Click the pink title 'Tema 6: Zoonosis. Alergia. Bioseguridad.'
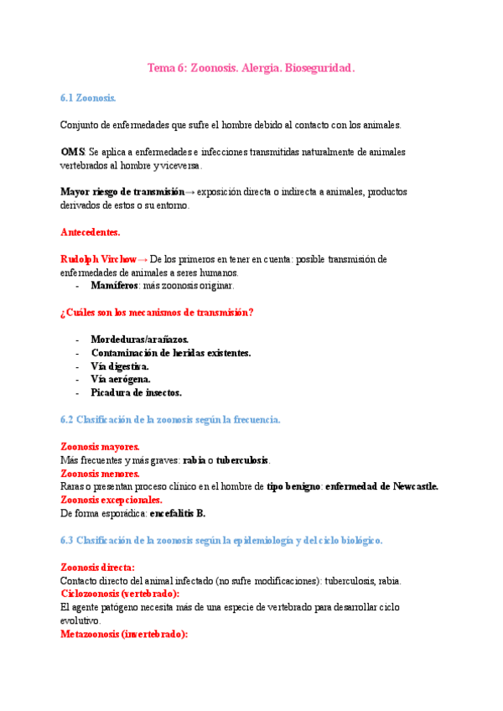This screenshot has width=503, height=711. click(x=251, y=69)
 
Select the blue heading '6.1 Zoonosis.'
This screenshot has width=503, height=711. click(x=88, y=98)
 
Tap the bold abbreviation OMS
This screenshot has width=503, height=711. click(x=72, y=152)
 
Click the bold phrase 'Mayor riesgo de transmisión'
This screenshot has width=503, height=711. click(x=122, y=192)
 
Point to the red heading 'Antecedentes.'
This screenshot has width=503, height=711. click(x=90, y=231)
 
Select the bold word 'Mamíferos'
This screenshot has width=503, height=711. click(x=115, y=286)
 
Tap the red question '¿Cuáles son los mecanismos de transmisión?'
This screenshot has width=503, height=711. click(x=157, y=313)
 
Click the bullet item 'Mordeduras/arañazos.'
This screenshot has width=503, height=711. click(x=139, y=340)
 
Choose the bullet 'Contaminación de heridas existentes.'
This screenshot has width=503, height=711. click(x=170, y=353)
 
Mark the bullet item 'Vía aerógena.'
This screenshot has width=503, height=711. click(x=121, y=379)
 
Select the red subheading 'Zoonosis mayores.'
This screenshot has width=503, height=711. click(x=100, y=447)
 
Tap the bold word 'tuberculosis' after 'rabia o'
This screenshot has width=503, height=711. click(x=241, y=460)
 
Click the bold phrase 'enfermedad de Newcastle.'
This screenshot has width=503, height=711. click(x=381, y=486)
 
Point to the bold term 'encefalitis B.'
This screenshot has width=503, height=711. click(x=177, y=513)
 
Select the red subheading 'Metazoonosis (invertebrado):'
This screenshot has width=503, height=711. click(x=124, y=634)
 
